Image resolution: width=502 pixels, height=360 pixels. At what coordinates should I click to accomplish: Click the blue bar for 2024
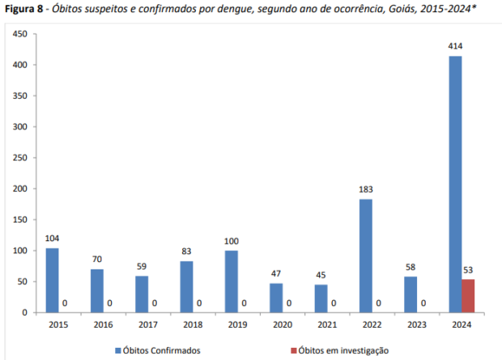[x=456, y=184]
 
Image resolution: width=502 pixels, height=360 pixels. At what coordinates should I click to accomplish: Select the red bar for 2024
[x=468, y=296]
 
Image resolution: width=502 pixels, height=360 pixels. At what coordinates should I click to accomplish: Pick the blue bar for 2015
[x=53, y=280]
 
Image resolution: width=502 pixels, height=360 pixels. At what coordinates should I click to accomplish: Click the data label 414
[x=456, y=46]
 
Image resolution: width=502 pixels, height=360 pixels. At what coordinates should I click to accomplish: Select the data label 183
[x=366, y=189]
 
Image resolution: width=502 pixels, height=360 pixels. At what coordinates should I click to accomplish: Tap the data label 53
[x=469, y=270]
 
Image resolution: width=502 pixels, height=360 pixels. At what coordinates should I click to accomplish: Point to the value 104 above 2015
[x=53, y=239]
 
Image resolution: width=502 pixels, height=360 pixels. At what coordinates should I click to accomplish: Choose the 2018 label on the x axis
[x=193, y=325]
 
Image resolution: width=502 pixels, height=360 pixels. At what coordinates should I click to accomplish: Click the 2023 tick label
[x=417, y=325]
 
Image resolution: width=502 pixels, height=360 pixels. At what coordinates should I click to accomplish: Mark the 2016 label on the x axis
[x=103, y=325]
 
